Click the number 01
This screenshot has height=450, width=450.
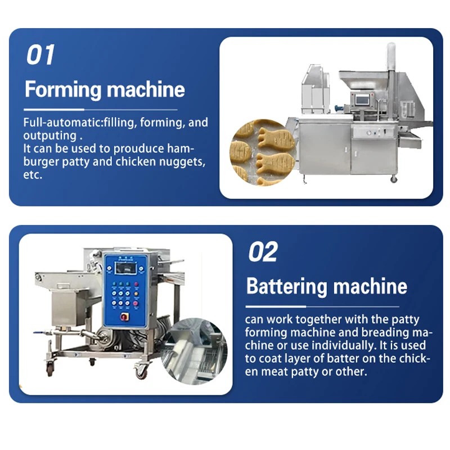[x=40, y=55]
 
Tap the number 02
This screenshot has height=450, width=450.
[x=263, y=252]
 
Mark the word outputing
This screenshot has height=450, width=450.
[x=48, y=136]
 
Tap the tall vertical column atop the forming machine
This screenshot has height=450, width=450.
[x=390, y=67]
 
